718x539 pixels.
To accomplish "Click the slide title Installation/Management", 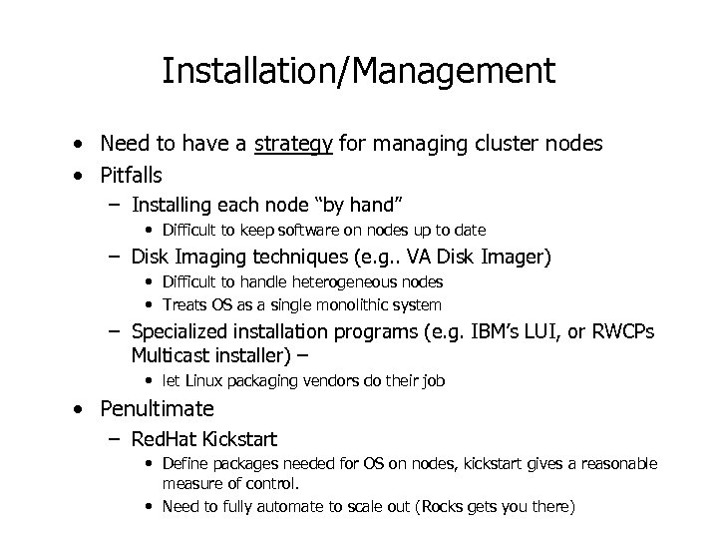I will [358, 71].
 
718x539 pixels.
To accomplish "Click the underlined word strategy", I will [294, 144].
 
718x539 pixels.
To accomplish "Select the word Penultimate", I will [158, 408].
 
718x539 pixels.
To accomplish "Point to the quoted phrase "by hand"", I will [360, 205].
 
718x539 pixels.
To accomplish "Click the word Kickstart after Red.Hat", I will [240, 439].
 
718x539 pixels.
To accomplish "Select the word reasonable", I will [614, 463].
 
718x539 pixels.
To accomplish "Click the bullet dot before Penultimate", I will [77, 409].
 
